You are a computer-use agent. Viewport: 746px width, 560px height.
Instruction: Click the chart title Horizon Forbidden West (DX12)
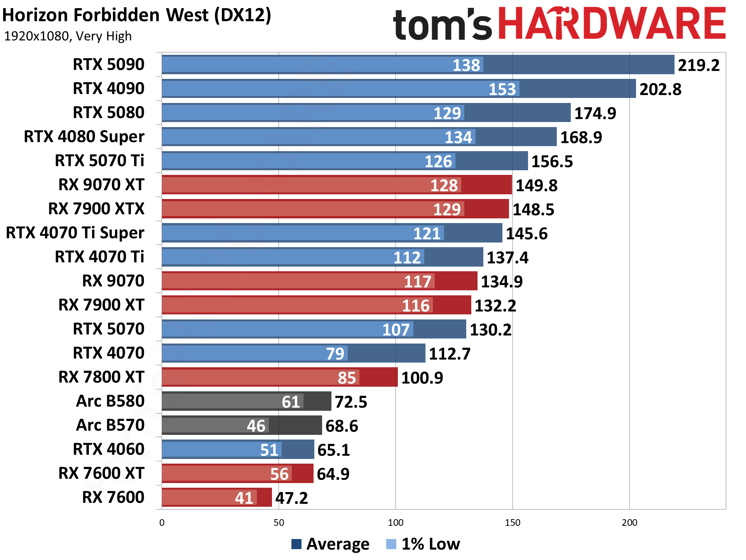tap(137, 16)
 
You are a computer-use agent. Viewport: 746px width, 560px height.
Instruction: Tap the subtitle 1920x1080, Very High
tap(68, 36)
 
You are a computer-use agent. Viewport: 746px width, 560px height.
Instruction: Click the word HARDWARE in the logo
tap(612, 24)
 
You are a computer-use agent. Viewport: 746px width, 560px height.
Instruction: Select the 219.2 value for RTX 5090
tap(699, 65)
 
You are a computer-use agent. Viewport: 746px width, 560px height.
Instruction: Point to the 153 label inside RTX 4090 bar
tap(502, 89)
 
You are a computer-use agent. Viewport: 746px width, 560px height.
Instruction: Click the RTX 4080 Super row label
tap(84, 137)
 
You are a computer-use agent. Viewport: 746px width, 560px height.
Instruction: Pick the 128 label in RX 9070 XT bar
tap(444, 185)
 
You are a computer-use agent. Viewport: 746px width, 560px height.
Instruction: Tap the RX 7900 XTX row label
tap(96, 209)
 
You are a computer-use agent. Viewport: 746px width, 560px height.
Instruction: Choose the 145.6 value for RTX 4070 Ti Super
tap(526, 234)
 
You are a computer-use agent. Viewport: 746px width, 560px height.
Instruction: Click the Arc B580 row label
tap(110, 401)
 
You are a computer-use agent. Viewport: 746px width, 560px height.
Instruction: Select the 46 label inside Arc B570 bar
tap(256, 426)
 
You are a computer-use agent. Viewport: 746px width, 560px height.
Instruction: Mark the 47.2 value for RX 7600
tap(291, 498)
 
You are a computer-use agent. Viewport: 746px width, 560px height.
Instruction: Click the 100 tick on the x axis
tap(396, 523)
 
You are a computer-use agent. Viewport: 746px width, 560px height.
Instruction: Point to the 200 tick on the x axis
tap(629, 523)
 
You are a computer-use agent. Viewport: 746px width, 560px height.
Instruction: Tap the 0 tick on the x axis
tap(162, 523)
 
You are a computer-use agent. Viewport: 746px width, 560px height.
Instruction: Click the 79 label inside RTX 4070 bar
tap(335, 354)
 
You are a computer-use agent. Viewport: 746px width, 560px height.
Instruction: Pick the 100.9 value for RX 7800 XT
tap(422, 378)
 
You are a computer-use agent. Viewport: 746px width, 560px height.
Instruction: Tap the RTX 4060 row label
tap(108, 450)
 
